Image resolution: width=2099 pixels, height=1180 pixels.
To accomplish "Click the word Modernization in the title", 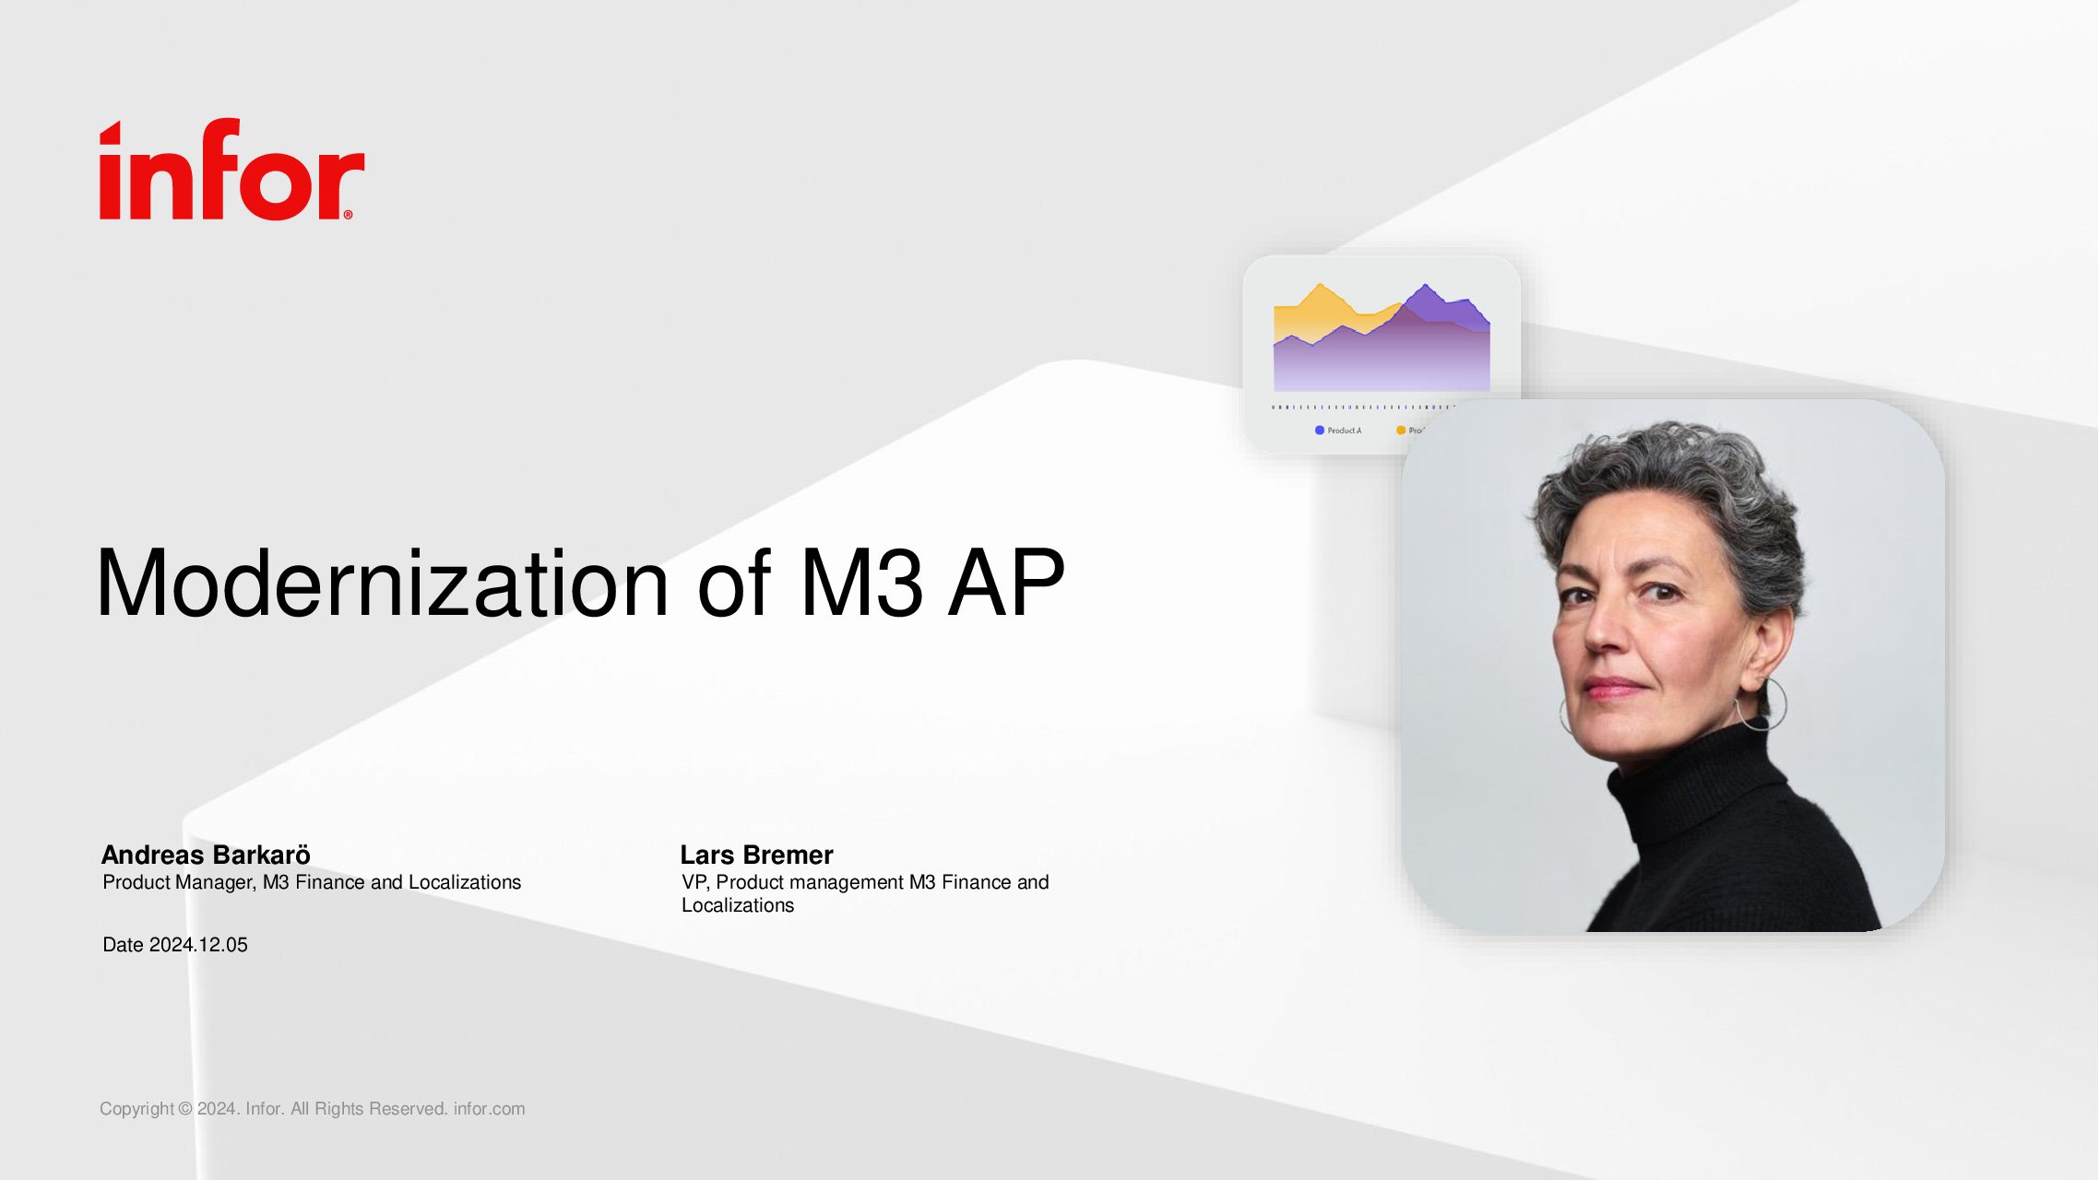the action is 382,583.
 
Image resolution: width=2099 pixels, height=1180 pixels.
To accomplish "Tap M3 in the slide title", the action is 861,583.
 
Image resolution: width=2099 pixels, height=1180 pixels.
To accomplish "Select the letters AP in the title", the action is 1007,583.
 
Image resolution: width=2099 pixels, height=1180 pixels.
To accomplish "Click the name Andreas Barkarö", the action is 206,855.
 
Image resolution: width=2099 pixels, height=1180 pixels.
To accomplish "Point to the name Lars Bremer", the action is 756,855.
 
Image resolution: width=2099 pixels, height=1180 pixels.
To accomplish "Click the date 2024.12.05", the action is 198,945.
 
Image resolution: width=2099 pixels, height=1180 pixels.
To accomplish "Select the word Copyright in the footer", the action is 136,1109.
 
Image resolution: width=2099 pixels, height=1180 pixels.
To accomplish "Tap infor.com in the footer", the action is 489,1109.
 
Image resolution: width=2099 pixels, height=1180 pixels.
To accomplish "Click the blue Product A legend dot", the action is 1320,431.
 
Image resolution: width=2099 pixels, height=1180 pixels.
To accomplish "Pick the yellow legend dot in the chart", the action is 1401,431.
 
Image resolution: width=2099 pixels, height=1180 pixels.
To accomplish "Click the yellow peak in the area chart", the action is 1321,285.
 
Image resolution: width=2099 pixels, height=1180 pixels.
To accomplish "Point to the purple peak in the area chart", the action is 1426,286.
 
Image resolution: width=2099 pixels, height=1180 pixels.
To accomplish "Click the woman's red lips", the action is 1615,688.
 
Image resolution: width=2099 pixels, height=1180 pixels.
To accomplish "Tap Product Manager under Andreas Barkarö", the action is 179,882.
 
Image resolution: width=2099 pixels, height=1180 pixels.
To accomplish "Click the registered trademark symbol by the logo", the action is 348,215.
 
